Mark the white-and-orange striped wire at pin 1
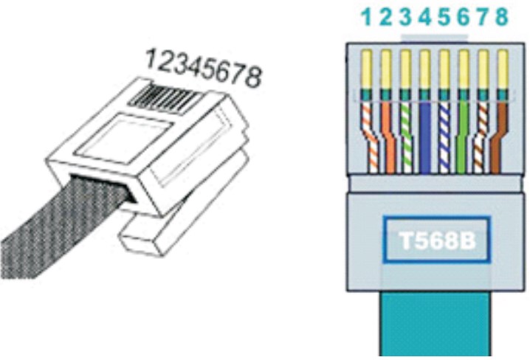pyautogui.click(x=368, y=136)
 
